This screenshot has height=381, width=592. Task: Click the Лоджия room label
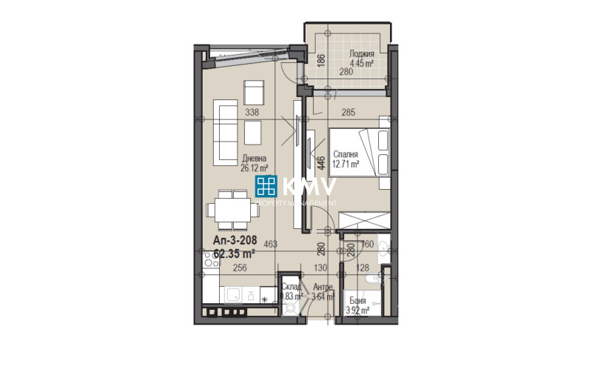(x=362, y=54)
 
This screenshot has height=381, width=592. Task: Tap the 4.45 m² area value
(x=361, y=64)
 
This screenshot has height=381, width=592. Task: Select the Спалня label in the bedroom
(x=345, y=154)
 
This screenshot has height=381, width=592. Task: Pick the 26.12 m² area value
(x=253, y=168)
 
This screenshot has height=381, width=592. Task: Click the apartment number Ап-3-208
(x=234, y=241)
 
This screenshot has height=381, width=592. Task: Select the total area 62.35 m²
(x=234, y=253)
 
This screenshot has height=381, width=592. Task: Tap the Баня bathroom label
(x=358, y=301)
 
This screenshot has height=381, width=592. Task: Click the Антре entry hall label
(x=323, y=288)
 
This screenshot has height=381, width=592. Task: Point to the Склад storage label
(x=291, y=288)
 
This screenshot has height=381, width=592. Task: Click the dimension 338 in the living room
(x=252, y=113)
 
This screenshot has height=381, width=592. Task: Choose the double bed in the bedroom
(x=358, y=150)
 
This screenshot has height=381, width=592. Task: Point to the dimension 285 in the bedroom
(x=348, y=113)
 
